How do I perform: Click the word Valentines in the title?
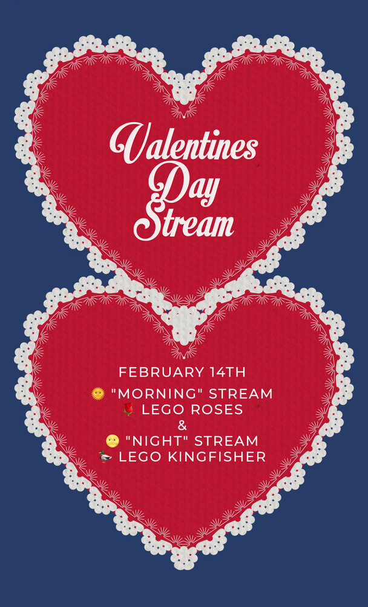tap(184, 143)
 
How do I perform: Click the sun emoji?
tap(98, 394)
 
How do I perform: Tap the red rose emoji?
tap(128, 409)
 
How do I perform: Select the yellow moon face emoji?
tap(113, 441)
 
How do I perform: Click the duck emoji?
tap(105, 456)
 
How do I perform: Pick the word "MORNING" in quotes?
tap(158, 394)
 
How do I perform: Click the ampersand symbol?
tap(182, 426)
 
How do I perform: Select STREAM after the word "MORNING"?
tap(241, 394)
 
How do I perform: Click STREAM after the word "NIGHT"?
tap(226, 441)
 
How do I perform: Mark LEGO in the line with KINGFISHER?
tap(142, 457)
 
